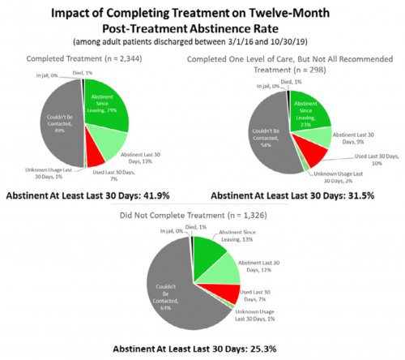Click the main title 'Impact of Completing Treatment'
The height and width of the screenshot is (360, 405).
coord(202,14)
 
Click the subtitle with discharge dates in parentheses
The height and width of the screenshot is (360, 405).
coord(202,41)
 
